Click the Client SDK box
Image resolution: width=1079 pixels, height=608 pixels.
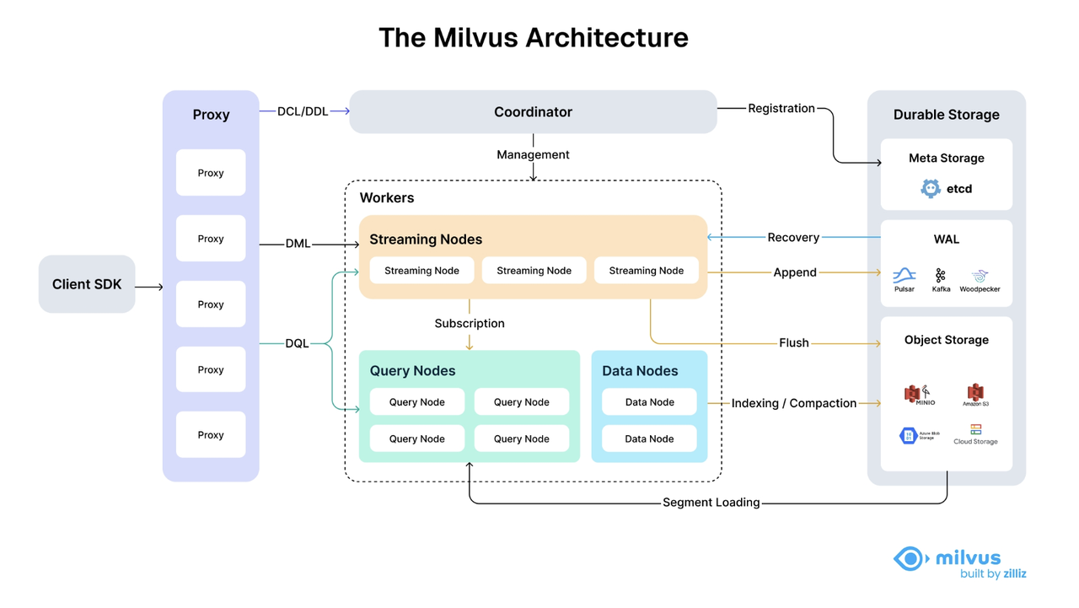click(87, 284)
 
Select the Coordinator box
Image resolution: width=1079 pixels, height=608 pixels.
click(533, 112)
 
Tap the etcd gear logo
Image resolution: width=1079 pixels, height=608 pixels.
click(931, 188)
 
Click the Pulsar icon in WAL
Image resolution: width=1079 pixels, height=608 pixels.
click(904, 275)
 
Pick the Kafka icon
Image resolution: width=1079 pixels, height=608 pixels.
click(941, 275)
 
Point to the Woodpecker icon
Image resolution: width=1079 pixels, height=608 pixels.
click(979, 275)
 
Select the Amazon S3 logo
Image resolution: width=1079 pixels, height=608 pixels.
click(975, 392)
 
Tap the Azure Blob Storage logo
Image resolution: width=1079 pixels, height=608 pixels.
click(909, 435)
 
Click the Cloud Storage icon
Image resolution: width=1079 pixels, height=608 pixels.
click(975, 430)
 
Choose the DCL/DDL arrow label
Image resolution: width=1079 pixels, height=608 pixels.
click(303, 111)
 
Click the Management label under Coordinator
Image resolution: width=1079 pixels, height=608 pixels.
click(533, 154)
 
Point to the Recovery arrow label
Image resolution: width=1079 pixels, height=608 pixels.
click(793, 237)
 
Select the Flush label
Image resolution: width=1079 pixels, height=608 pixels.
click(793, 342)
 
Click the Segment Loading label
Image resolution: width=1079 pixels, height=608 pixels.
click(711, 502)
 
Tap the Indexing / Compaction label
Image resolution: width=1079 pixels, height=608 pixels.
click(793, 403)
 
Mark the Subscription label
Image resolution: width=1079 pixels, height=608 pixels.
click(470, 323)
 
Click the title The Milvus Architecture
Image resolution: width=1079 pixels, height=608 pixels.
click(533, 37)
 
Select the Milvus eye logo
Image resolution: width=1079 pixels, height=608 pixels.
click(910, 558)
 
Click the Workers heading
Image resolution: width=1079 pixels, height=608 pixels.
click(387, 197)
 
